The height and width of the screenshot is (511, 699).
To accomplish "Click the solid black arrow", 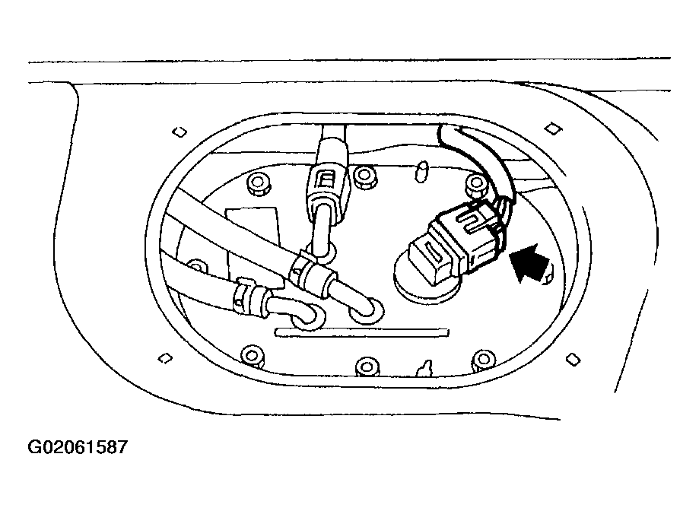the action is [x=529, y=262].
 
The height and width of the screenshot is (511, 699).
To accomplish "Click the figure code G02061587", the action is [x=78, y=447].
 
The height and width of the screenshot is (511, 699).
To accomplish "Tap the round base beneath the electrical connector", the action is [x=426, y=285].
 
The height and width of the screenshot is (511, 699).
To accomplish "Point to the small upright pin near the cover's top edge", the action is [x=421, y=172].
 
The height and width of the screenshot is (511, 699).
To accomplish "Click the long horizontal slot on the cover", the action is [x=362, y=332].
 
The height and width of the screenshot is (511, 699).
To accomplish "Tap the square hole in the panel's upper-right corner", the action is [x=553, y=129].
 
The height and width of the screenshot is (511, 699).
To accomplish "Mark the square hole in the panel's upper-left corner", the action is [x=180, y=132].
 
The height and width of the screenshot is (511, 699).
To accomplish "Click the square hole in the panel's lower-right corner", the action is [x=573, y=359].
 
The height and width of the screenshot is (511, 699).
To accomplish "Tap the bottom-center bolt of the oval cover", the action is [x=367, y=367].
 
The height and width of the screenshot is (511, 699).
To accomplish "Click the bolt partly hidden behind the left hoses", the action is [x=196, y=267].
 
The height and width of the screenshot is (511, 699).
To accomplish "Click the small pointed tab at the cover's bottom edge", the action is [x=424, y=369].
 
